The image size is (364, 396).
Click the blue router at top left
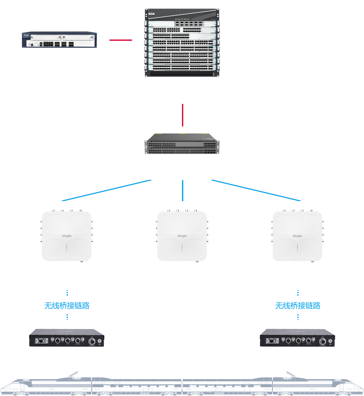pos(59,40)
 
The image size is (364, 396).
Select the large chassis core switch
pos(182,43)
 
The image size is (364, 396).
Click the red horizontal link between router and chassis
pos(121,40)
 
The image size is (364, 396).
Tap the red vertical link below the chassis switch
pos(182,115)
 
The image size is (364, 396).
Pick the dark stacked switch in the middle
pos(182,144)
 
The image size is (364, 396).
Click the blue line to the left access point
pos(106,190)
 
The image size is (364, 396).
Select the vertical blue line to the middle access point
pos(182,190)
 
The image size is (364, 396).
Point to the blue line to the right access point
pos(256,190)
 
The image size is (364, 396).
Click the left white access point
pos(67,236)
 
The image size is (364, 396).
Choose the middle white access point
pos(182,236)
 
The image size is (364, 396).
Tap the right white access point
pos(297,236)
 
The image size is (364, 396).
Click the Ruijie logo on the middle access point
pos(182,236)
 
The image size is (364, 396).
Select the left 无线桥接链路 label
pos(67,305)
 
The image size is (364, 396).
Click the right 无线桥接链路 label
pos(298,305)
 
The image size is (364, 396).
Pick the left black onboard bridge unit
pos(67,338)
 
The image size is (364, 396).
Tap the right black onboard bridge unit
pos(297,338)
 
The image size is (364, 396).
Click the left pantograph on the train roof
pos(73,374)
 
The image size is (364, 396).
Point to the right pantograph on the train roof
pos(290,374)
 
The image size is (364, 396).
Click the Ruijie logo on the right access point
pos(297,236)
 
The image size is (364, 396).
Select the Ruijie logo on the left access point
pos(67,236)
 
